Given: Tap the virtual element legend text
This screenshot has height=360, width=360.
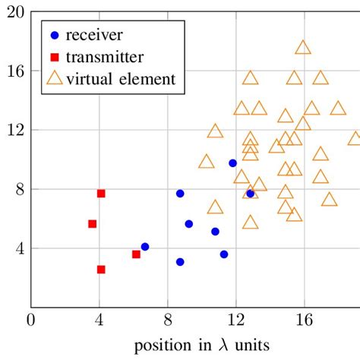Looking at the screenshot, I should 121,77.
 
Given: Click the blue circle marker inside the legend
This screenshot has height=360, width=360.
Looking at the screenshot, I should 53,35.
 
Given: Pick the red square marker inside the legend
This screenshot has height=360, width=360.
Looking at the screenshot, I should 53,56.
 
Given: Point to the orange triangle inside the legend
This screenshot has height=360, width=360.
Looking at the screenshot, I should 53,77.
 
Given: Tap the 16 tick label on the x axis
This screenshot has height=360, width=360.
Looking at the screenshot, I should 304,320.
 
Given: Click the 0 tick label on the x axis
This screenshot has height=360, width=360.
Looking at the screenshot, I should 31,320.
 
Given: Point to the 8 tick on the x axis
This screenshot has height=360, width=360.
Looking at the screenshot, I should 167,320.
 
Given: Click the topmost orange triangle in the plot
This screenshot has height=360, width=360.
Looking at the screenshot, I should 303,47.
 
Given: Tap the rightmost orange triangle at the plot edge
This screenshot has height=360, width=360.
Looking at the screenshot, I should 355,138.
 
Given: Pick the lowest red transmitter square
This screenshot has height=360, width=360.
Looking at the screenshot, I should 101,270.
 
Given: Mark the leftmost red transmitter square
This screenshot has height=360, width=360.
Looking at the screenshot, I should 93,224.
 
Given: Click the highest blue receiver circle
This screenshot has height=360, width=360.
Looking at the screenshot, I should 232,163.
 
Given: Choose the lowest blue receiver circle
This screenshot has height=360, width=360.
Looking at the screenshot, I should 180,262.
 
